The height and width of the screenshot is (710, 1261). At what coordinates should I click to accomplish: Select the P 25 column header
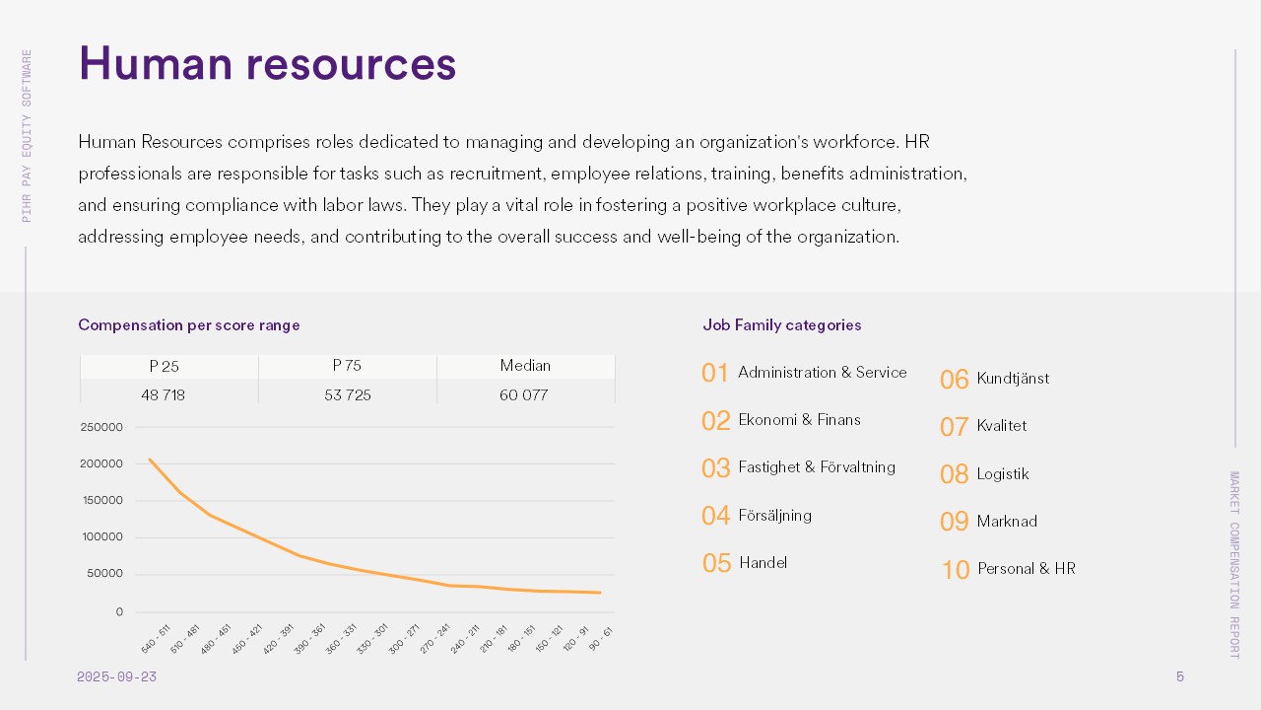[165, 366]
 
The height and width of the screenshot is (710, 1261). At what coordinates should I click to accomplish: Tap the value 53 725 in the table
[348, 395]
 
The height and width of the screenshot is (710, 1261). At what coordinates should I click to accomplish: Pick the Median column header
[525, 366]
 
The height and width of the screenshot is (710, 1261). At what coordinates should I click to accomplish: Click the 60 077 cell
[525, 395]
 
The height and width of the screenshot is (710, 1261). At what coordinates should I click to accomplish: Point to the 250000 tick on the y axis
[101, 427]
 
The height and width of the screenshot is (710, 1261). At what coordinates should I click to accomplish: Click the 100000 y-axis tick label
[101, 537]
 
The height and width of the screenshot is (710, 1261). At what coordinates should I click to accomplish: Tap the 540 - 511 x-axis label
[157, 639]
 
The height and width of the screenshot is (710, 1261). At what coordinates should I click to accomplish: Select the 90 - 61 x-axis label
[600, 639]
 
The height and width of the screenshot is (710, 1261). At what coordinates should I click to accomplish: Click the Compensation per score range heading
[189, 325]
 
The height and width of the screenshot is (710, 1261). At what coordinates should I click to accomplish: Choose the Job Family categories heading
[782, 325]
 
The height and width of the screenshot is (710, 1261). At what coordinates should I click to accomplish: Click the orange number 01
[715, 374]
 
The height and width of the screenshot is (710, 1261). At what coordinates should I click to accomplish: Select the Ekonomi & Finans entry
[799, 420]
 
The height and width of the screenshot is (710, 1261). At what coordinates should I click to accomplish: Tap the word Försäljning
[774, 516]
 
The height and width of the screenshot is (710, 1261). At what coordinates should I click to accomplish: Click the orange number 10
[956, 570]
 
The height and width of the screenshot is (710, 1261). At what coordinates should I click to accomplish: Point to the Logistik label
[1003, 474]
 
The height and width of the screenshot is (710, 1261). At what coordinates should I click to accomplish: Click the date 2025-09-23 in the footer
[116, 677]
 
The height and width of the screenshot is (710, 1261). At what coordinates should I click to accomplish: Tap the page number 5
[1180, 677]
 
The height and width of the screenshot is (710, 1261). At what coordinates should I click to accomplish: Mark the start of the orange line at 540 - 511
[150, 459]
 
